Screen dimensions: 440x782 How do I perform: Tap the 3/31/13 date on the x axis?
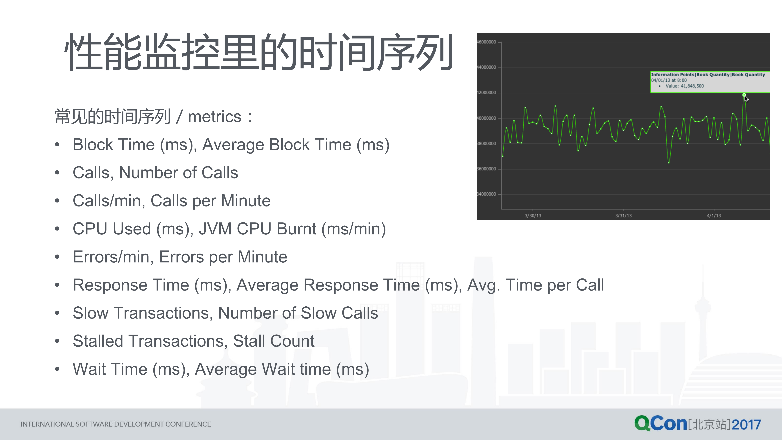point(623,216)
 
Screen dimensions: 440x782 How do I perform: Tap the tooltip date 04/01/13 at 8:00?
point(669,80)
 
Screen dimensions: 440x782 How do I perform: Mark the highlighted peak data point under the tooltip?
point(744,95)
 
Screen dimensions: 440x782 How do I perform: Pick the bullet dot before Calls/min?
point(57,201)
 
